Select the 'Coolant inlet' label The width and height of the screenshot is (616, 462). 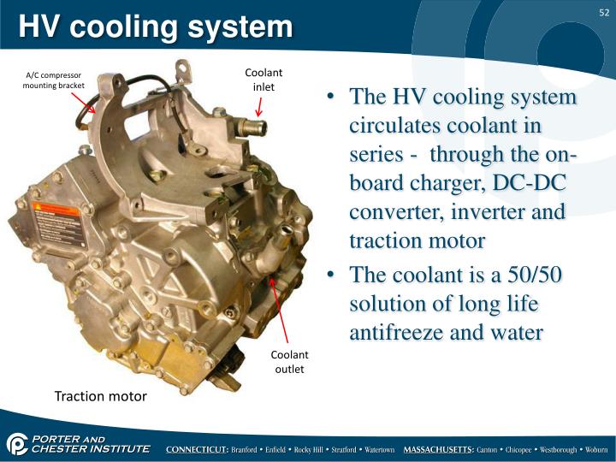tap(264, 80)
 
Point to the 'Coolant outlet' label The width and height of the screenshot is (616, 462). tap(289, 362)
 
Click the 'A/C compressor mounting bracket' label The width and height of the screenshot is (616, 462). tap(53, 80)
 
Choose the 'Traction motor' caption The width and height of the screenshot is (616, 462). tap(101, 396)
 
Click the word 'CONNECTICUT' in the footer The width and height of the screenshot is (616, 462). tap(196, 449)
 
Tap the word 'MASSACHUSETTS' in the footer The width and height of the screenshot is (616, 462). tap(438, 449)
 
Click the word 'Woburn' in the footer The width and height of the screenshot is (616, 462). tap(591, 449)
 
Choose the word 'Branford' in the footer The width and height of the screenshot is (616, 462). tap(249, 449)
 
